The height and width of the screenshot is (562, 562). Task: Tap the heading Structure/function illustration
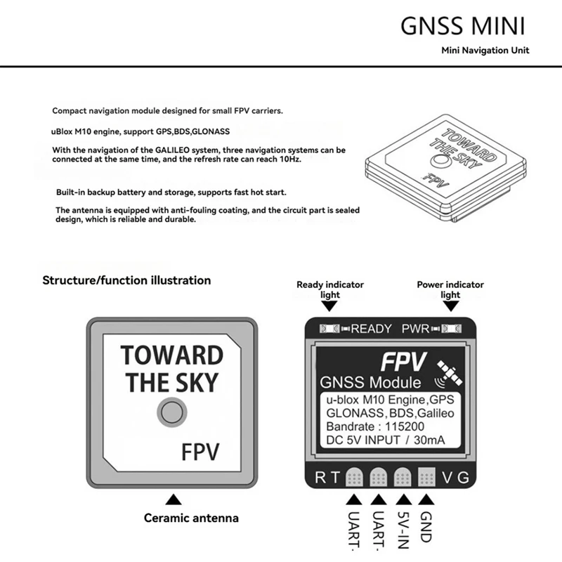[126, 280]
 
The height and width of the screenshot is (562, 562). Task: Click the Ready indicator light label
[330, 289]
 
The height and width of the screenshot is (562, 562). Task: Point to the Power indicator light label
[450, 289]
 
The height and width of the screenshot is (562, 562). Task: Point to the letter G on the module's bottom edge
[462, 478]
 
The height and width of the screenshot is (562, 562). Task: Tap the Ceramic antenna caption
[191, 518]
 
